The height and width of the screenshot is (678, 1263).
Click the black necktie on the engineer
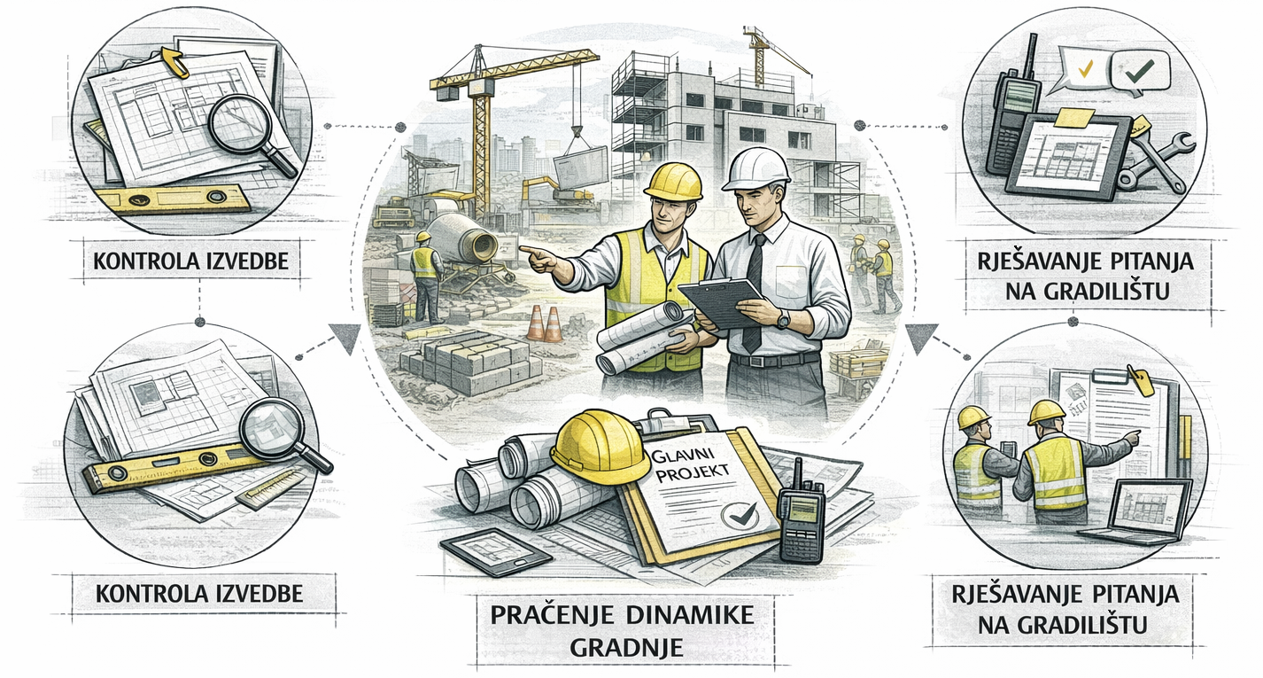click(x=754, y=293)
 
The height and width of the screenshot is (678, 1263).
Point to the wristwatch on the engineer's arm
click(x=783, y=320)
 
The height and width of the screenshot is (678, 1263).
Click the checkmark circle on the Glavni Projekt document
click(x=739, y=515)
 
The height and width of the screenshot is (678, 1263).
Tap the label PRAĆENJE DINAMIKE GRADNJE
click(x=622, y=631)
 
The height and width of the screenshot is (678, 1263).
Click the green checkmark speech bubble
click(x=1140, y=71)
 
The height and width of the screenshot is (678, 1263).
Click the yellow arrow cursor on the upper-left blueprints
click(x=175, y=61)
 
